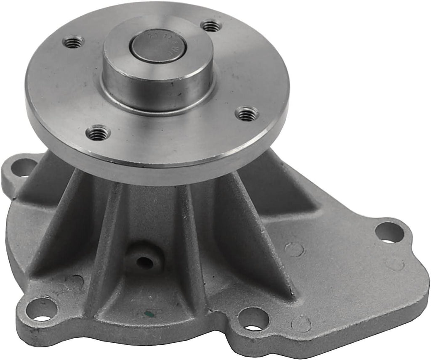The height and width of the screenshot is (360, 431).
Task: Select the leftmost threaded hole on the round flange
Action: [73, 41]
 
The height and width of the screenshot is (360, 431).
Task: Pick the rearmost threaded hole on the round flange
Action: [211, 26]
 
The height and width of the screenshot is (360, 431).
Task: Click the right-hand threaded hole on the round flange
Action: [247, 113]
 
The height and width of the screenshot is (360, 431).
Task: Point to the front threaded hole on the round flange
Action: [98, 133]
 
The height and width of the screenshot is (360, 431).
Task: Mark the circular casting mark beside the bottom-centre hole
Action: [301, 324]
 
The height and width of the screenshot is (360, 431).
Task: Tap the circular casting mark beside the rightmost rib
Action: [294, 249]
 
